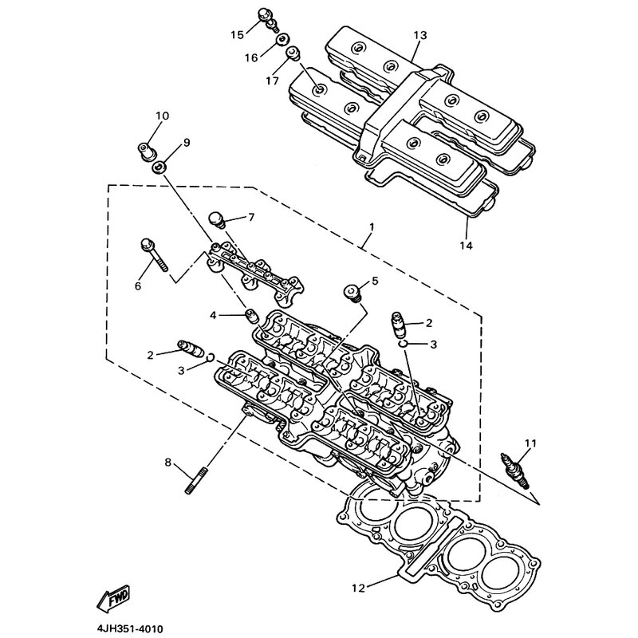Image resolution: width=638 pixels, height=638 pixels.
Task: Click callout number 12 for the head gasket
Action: pyautogui.click(x=358, y=589)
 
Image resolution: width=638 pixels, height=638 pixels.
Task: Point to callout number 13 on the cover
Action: pyautogui.click(x=420, y=36)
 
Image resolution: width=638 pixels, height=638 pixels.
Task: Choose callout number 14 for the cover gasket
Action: pyautogui.click(x=466, y=246)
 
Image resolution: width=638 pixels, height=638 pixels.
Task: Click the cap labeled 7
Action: pyautogui.click(x=217, y=218)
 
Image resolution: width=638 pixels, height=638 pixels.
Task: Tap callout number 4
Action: pyautogui.click(x=213, y=316)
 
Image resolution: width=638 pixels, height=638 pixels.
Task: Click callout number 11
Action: pyautogui.click(x=531, y=443)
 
